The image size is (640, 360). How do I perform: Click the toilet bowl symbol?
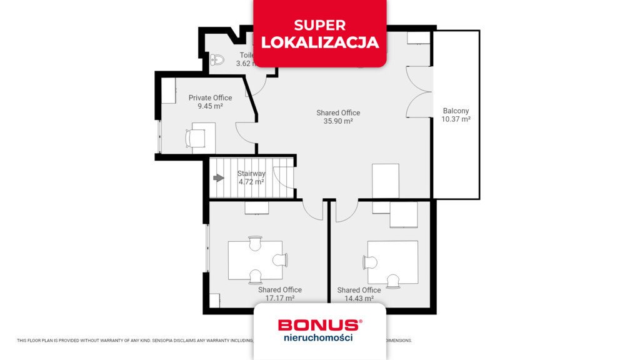click(217, 60)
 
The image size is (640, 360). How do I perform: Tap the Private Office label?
click(210, 97)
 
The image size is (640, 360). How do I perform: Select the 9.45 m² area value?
click(210, 106)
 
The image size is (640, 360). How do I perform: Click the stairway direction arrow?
click(219, 178)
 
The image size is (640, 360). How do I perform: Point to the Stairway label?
click(251, 174)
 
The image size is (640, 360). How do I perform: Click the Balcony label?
click(456, 110)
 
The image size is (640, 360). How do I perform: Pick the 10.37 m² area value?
click(456, 119)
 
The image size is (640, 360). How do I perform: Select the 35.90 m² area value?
click(338, 121)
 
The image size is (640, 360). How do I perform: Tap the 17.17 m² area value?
click(280, 299)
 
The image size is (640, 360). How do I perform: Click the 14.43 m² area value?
click(359, 299)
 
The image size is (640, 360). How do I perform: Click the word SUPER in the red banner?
click(320, 26)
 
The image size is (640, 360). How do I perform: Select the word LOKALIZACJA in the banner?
click(320, 42)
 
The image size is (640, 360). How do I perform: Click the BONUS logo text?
click(319, 325)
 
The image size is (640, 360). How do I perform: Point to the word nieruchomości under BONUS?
click(319, 337)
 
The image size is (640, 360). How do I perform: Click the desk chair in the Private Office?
click(194, 137)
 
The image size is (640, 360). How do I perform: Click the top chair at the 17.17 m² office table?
click(254, 243)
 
